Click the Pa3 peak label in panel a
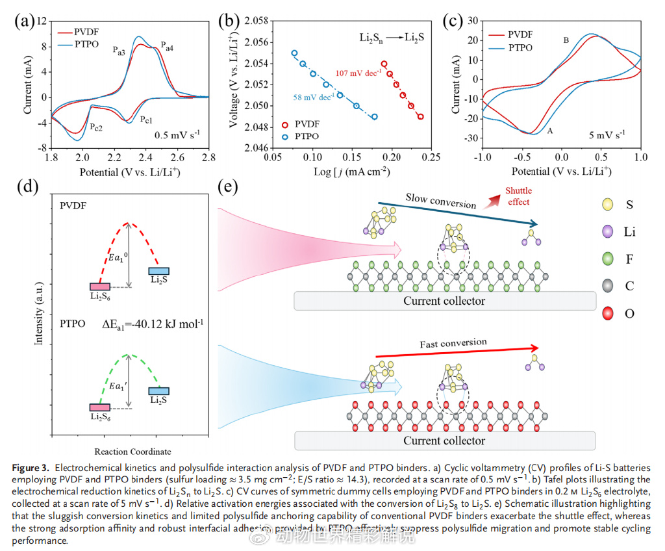point(118,51)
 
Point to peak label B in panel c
point(566,40)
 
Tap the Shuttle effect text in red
point(518,196)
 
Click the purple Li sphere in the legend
point(609,232)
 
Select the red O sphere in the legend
point(609,314)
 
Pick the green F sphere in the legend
point(609,259)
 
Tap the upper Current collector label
point(444,301)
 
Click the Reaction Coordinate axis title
point(132,451)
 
